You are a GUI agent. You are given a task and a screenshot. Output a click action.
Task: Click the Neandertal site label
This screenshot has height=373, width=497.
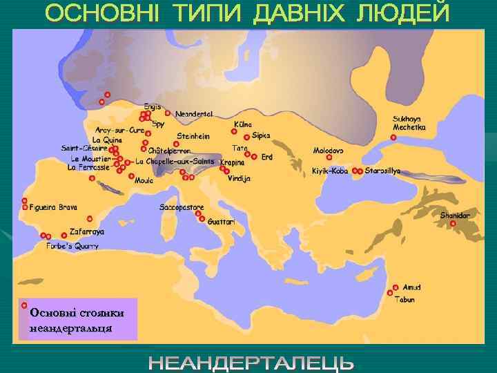[194, 113]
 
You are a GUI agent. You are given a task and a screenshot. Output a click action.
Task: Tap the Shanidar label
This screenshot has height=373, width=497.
[455, 216]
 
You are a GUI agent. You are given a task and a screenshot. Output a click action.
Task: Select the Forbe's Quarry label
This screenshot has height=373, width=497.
[72, 246]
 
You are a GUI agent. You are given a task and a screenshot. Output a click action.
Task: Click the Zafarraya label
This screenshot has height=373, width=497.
[87, 233]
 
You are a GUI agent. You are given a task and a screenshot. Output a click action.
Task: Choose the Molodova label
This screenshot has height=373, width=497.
[329, 151]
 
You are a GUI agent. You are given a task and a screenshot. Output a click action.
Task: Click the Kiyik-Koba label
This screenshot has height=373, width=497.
[329, 171]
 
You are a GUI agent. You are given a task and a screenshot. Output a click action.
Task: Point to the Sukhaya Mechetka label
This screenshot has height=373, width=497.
[411, 123]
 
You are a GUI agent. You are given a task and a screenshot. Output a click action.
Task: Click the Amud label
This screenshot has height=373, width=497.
[411, 287]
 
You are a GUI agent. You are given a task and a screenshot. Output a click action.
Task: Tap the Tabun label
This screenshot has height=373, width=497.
[405, 300]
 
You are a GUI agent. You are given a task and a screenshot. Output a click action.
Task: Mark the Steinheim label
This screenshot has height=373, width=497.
[193, 135]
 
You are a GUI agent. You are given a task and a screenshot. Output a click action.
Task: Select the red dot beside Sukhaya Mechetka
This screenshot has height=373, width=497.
[393, 137]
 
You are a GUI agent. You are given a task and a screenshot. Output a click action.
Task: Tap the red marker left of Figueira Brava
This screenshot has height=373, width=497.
[24, 207]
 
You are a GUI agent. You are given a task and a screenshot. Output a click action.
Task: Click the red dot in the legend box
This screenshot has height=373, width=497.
[24, 305]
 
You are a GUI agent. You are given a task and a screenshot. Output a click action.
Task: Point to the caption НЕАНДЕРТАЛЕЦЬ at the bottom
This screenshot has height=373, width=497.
[252, 363]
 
